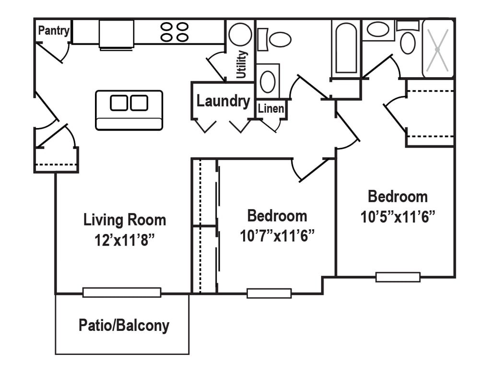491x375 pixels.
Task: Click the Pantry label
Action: (54, 31)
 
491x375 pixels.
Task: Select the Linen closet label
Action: (271, 109)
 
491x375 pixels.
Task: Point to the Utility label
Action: (242, 64)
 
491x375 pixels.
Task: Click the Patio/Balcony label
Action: (124, 326)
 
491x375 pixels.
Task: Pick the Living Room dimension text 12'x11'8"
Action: (125, 240)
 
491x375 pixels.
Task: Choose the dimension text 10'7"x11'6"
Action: (277, 236)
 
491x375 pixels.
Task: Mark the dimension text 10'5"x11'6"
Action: (397, 216)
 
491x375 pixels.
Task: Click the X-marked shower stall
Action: (438, 49)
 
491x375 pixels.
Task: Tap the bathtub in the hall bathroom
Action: (346, 48)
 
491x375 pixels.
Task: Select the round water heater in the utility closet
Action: (240, 35)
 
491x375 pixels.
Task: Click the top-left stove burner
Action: (166, 27)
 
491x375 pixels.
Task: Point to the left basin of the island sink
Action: (119, 103)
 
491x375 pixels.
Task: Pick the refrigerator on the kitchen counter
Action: (117, 35)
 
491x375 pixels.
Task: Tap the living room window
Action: (122, 293)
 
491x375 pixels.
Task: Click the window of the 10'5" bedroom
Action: (397, 277)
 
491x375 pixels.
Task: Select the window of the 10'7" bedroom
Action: (269, 293)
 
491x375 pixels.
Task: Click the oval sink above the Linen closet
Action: (268, 82)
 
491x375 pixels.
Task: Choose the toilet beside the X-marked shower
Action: (408, 39)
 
